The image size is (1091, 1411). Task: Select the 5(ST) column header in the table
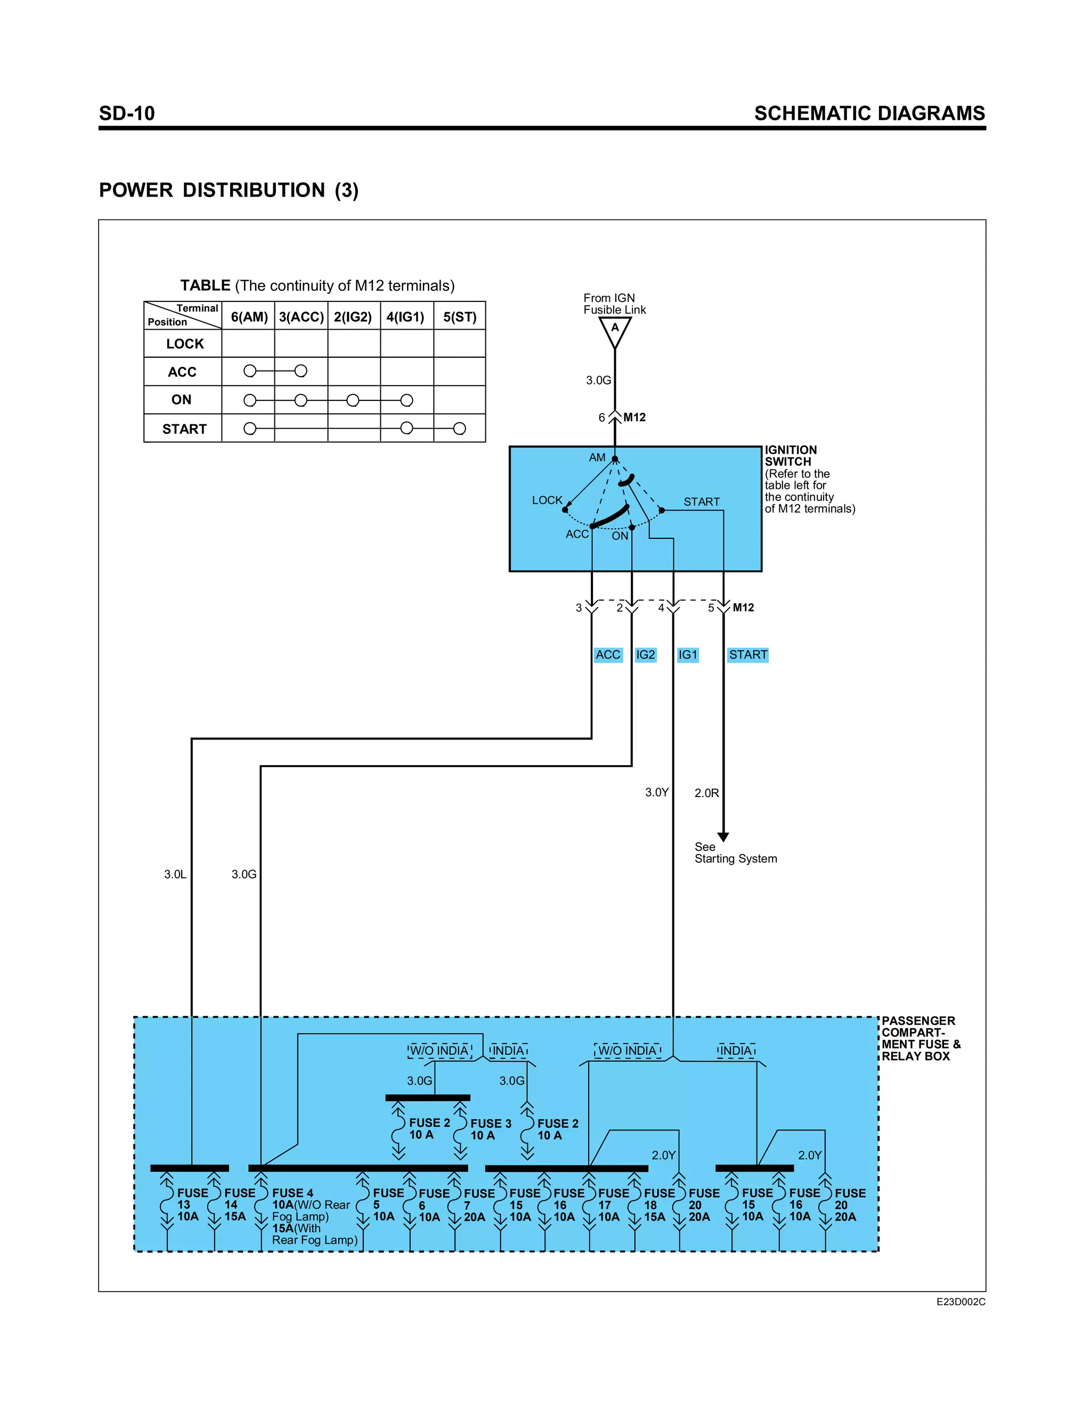tap(460, 317)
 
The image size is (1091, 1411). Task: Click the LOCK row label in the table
tap(184, 344)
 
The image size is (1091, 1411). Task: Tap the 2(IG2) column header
tap(353, 317)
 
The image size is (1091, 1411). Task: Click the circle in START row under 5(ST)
tap(460, 428)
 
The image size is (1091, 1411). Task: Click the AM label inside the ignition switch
tap(597, 457)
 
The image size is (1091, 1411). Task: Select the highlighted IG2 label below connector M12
tap(645, 654)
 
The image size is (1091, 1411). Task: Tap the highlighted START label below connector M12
tap(748, 654)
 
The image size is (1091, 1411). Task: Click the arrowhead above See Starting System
tap(723, 836)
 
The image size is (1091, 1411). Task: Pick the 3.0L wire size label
tap(175, 874)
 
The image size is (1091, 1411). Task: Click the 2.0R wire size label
tap(706, 793)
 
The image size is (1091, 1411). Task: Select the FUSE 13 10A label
tap(191, 1204)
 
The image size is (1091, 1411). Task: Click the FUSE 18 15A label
tap(658, 1204)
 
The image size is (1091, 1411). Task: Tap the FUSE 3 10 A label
tap(490, 1129)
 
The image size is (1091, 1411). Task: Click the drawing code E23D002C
tap(960, 1302)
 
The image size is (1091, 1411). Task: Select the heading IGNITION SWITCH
tap(791, 455)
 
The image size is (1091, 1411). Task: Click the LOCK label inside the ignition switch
tap(547, 500)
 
